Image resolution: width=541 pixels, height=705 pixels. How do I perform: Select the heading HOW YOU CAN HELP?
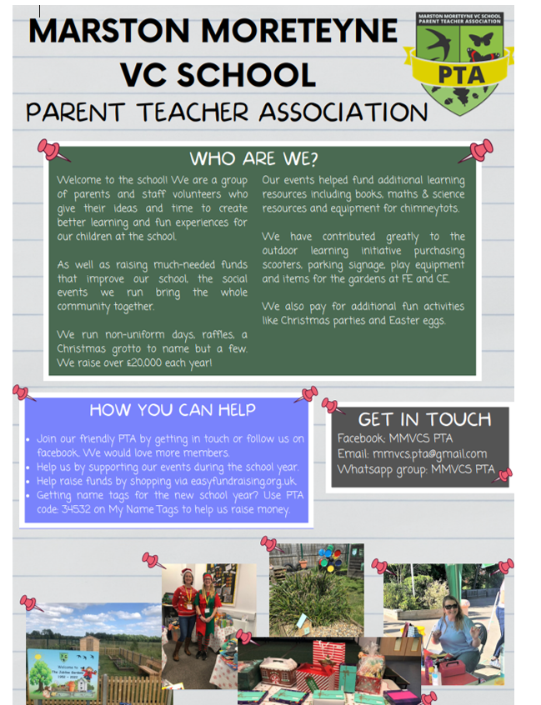click(x=172, y=410)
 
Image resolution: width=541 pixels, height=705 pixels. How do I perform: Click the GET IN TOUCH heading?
click(x=424, y=419)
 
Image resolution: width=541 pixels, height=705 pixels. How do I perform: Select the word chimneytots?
click(x=425, y=207)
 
